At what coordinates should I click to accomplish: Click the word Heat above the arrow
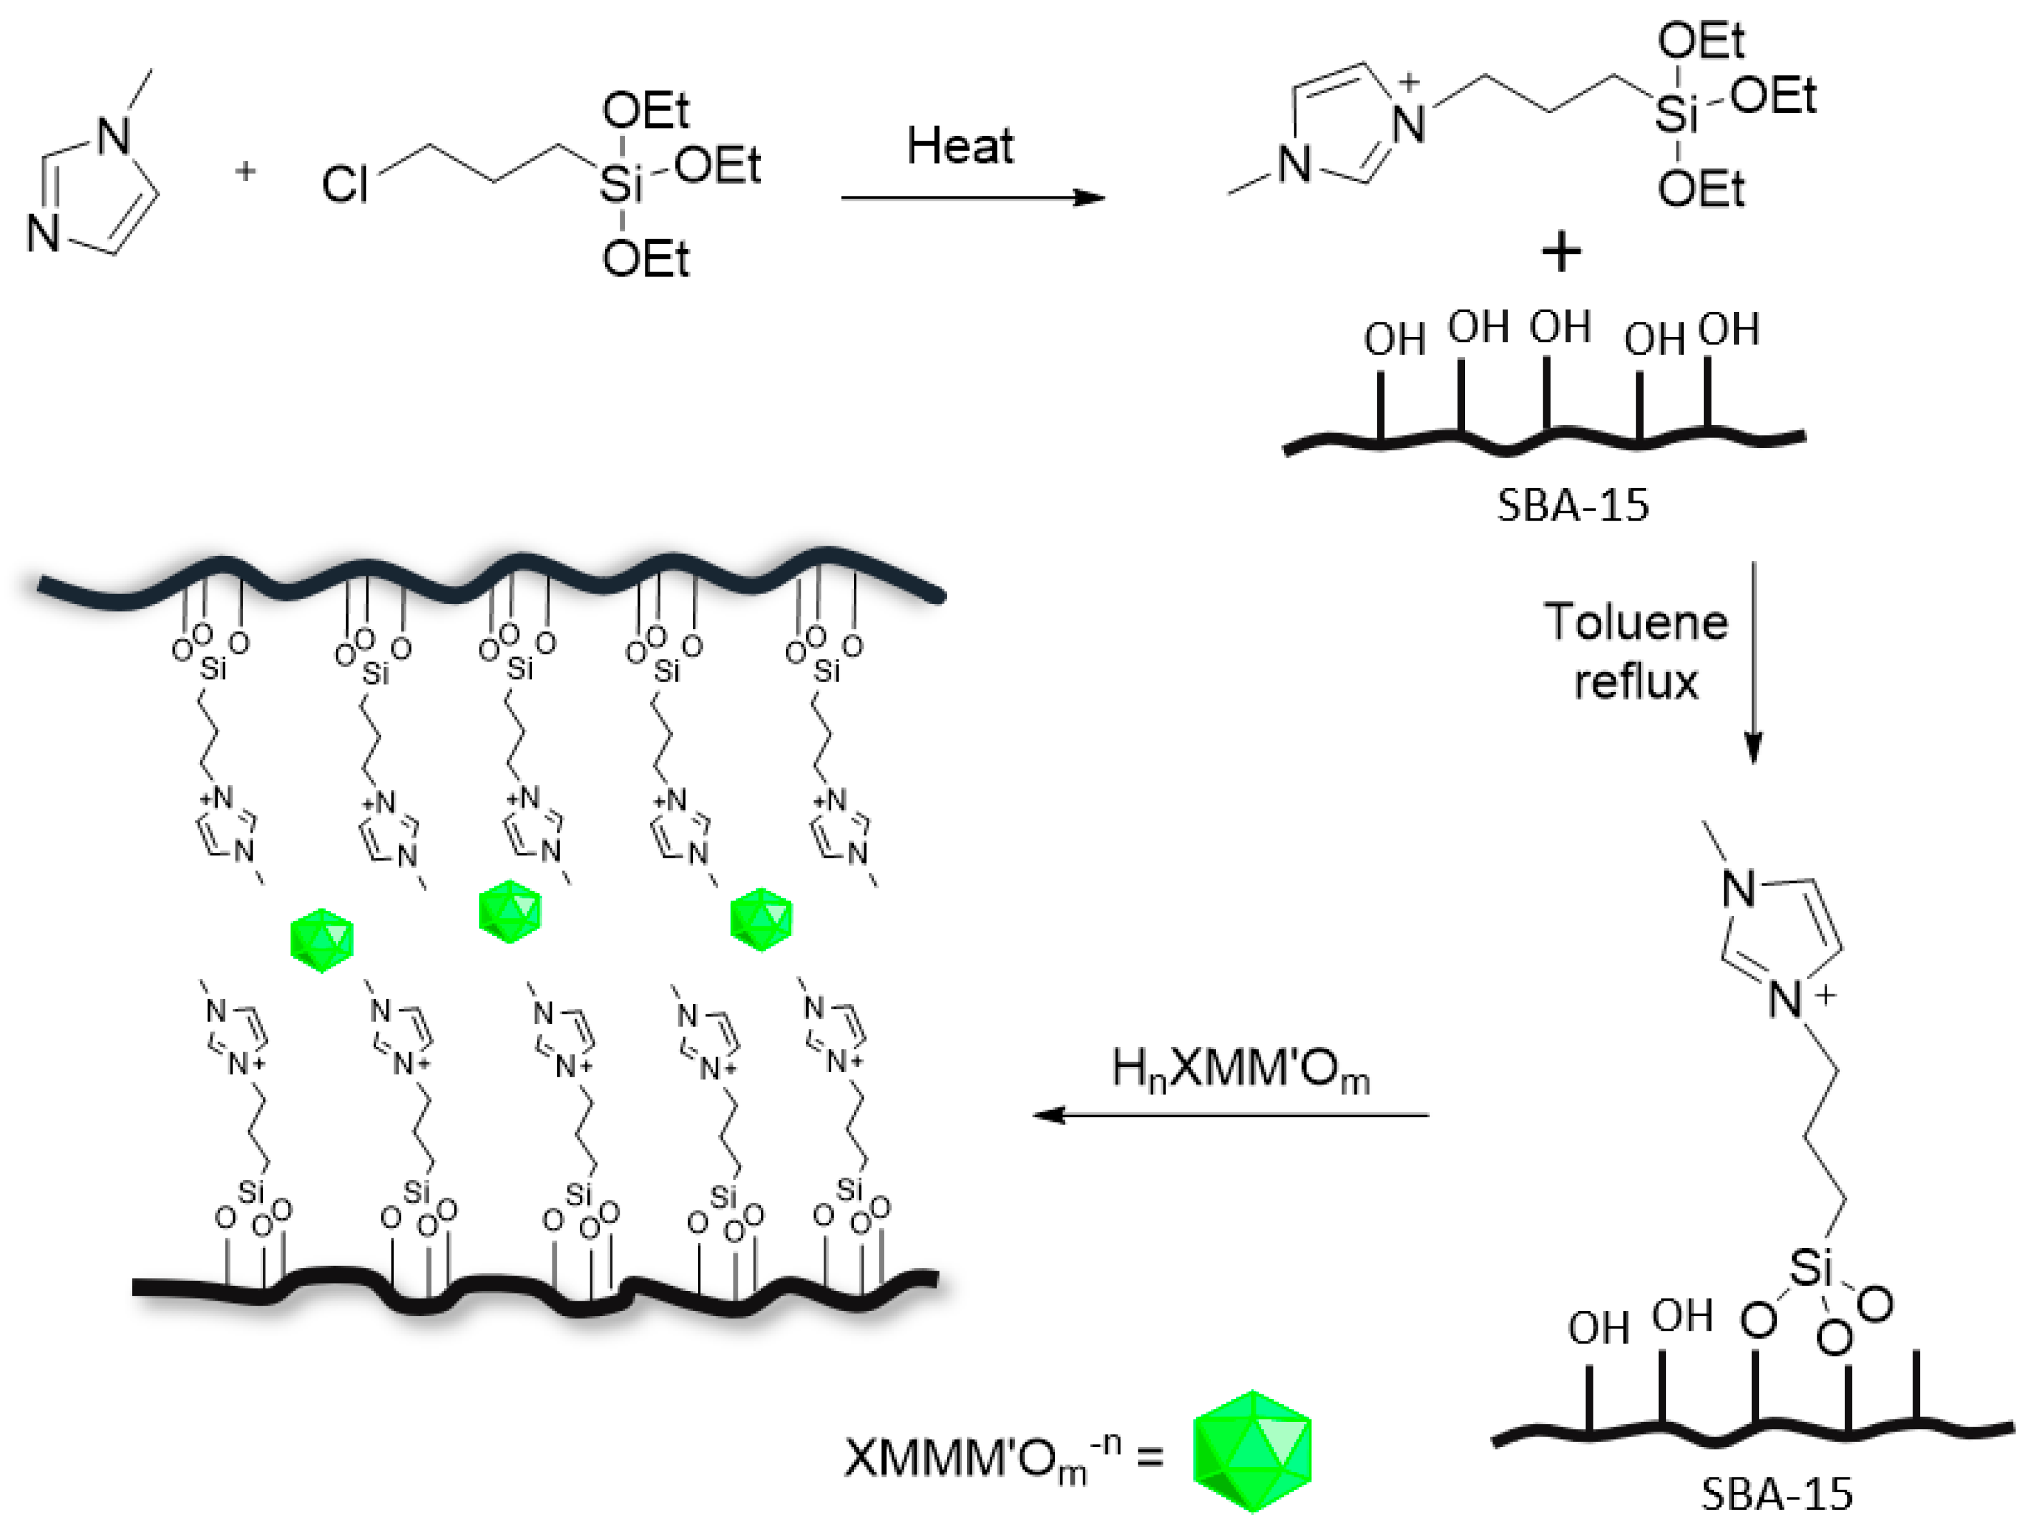(960, 147)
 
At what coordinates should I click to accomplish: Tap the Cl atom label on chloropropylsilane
(344, 185)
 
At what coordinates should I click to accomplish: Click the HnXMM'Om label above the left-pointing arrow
(1240, 1070)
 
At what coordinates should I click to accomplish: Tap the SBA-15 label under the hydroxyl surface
(1573, 505)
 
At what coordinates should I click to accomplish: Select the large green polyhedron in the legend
(1251, 1451)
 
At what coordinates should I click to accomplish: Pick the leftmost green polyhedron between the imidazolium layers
(322, 940)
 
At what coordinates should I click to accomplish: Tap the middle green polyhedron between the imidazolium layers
(510, 911)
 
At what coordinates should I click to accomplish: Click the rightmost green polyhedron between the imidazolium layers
(760, 918)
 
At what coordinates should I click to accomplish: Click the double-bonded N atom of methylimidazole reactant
(42, 233)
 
